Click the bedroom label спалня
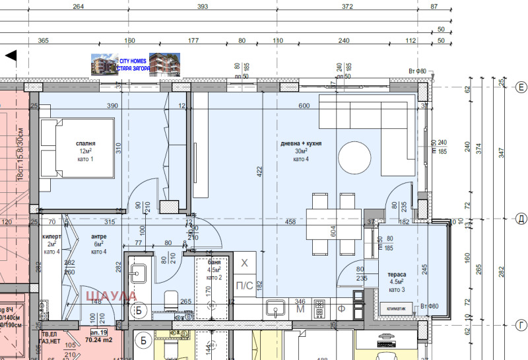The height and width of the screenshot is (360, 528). point(85,143)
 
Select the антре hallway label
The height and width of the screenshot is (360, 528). point(98,236)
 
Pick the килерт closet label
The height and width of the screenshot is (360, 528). point(51,236)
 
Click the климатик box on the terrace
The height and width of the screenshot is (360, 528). point(396,308)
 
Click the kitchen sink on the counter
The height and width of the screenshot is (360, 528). point(275,308)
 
